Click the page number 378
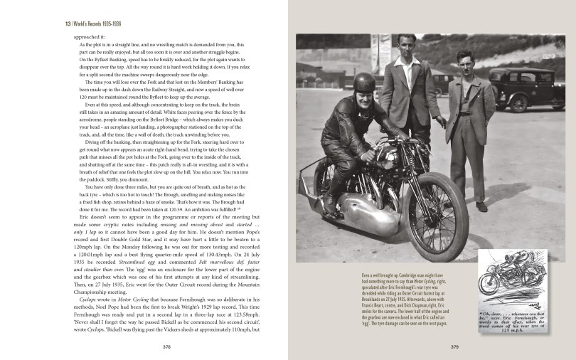point(166,348)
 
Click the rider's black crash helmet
point(365,84)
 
